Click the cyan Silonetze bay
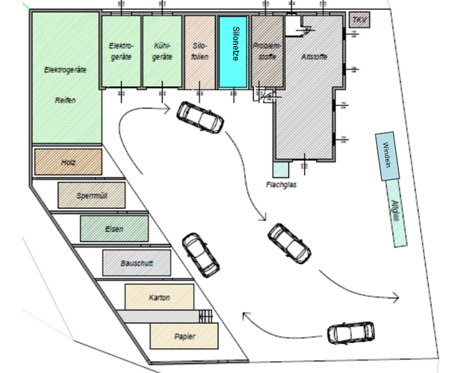point(233,52)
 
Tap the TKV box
point(359,19)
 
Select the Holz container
point(68,161)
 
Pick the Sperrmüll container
point(92,195)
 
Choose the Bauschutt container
point(136,263)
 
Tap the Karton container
point(158,297)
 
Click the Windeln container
point(387,157)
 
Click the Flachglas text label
point(281,184)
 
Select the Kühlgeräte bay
point(162,51)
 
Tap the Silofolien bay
point(199,51)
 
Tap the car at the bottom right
point(350,333)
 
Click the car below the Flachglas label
point(289,242)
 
